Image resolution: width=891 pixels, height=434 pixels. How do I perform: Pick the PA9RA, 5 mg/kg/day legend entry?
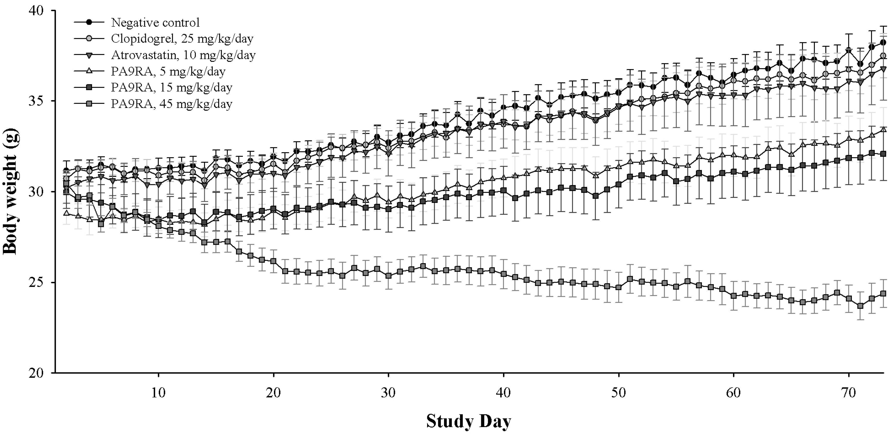pyautogui.click(x=168, y=71)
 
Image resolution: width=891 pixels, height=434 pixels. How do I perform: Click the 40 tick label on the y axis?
pyautogui.click(x=37, y=11)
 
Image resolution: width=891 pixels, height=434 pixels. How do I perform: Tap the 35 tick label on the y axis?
pyautogui.click(x=37, y=101)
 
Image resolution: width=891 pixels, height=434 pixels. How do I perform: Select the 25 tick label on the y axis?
pyautogui.click(x=37, y=282)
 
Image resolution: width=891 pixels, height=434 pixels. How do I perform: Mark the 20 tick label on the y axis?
pyautogui.click(x=37, y=373)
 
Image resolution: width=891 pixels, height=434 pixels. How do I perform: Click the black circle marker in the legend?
pyautogui.click(x=89, y=22)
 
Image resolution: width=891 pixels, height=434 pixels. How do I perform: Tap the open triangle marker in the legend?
pyautogui.click(x=89, y=71)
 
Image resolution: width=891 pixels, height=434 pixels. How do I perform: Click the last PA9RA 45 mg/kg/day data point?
pyautogui.click(x=883, y=294)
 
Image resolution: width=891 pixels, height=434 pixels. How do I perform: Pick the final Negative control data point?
pyautogui.click(x=883, y=42)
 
